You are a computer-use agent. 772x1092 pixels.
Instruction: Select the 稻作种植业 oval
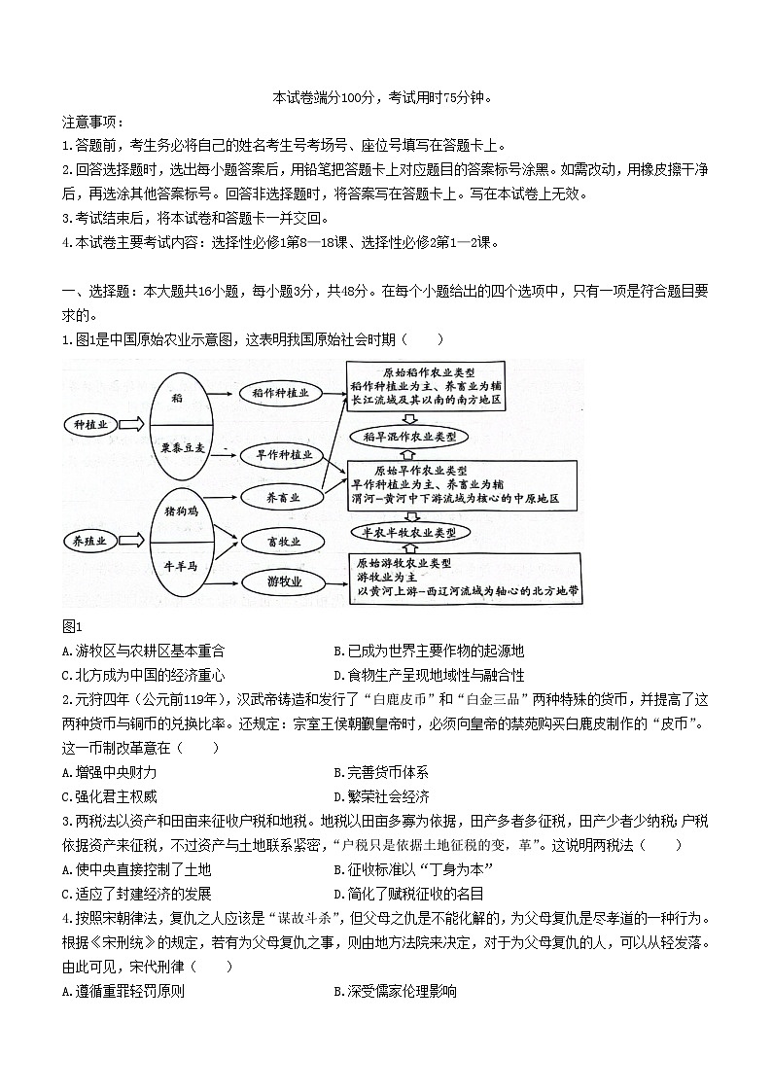[x=280, y=393]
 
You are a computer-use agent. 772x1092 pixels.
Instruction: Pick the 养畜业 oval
[x=283, y=497]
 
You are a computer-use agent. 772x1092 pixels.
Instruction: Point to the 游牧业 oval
[x=284, y=581]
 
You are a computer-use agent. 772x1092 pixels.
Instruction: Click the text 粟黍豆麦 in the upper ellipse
[x=182, y=448]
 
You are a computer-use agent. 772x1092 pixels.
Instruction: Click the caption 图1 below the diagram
[x=71, y=626]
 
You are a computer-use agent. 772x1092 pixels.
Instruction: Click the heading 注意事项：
[x=91, y=122]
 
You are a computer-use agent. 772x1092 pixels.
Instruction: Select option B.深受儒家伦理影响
[x=394, y=991]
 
